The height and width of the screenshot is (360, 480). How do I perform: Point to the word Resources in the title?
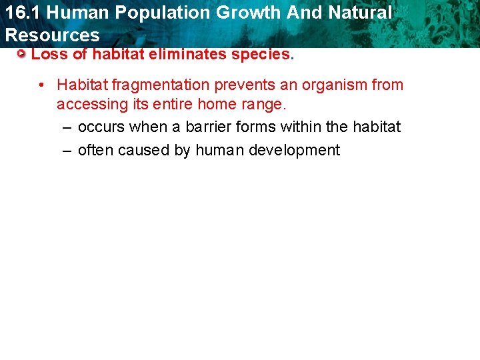(x=52, y=35)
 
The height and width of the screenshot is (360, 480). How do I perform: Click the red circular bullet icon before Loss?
(x=23, y=54)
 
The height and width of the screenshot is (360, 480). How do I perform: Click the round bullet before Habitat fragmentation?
(x=41, y=85)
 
